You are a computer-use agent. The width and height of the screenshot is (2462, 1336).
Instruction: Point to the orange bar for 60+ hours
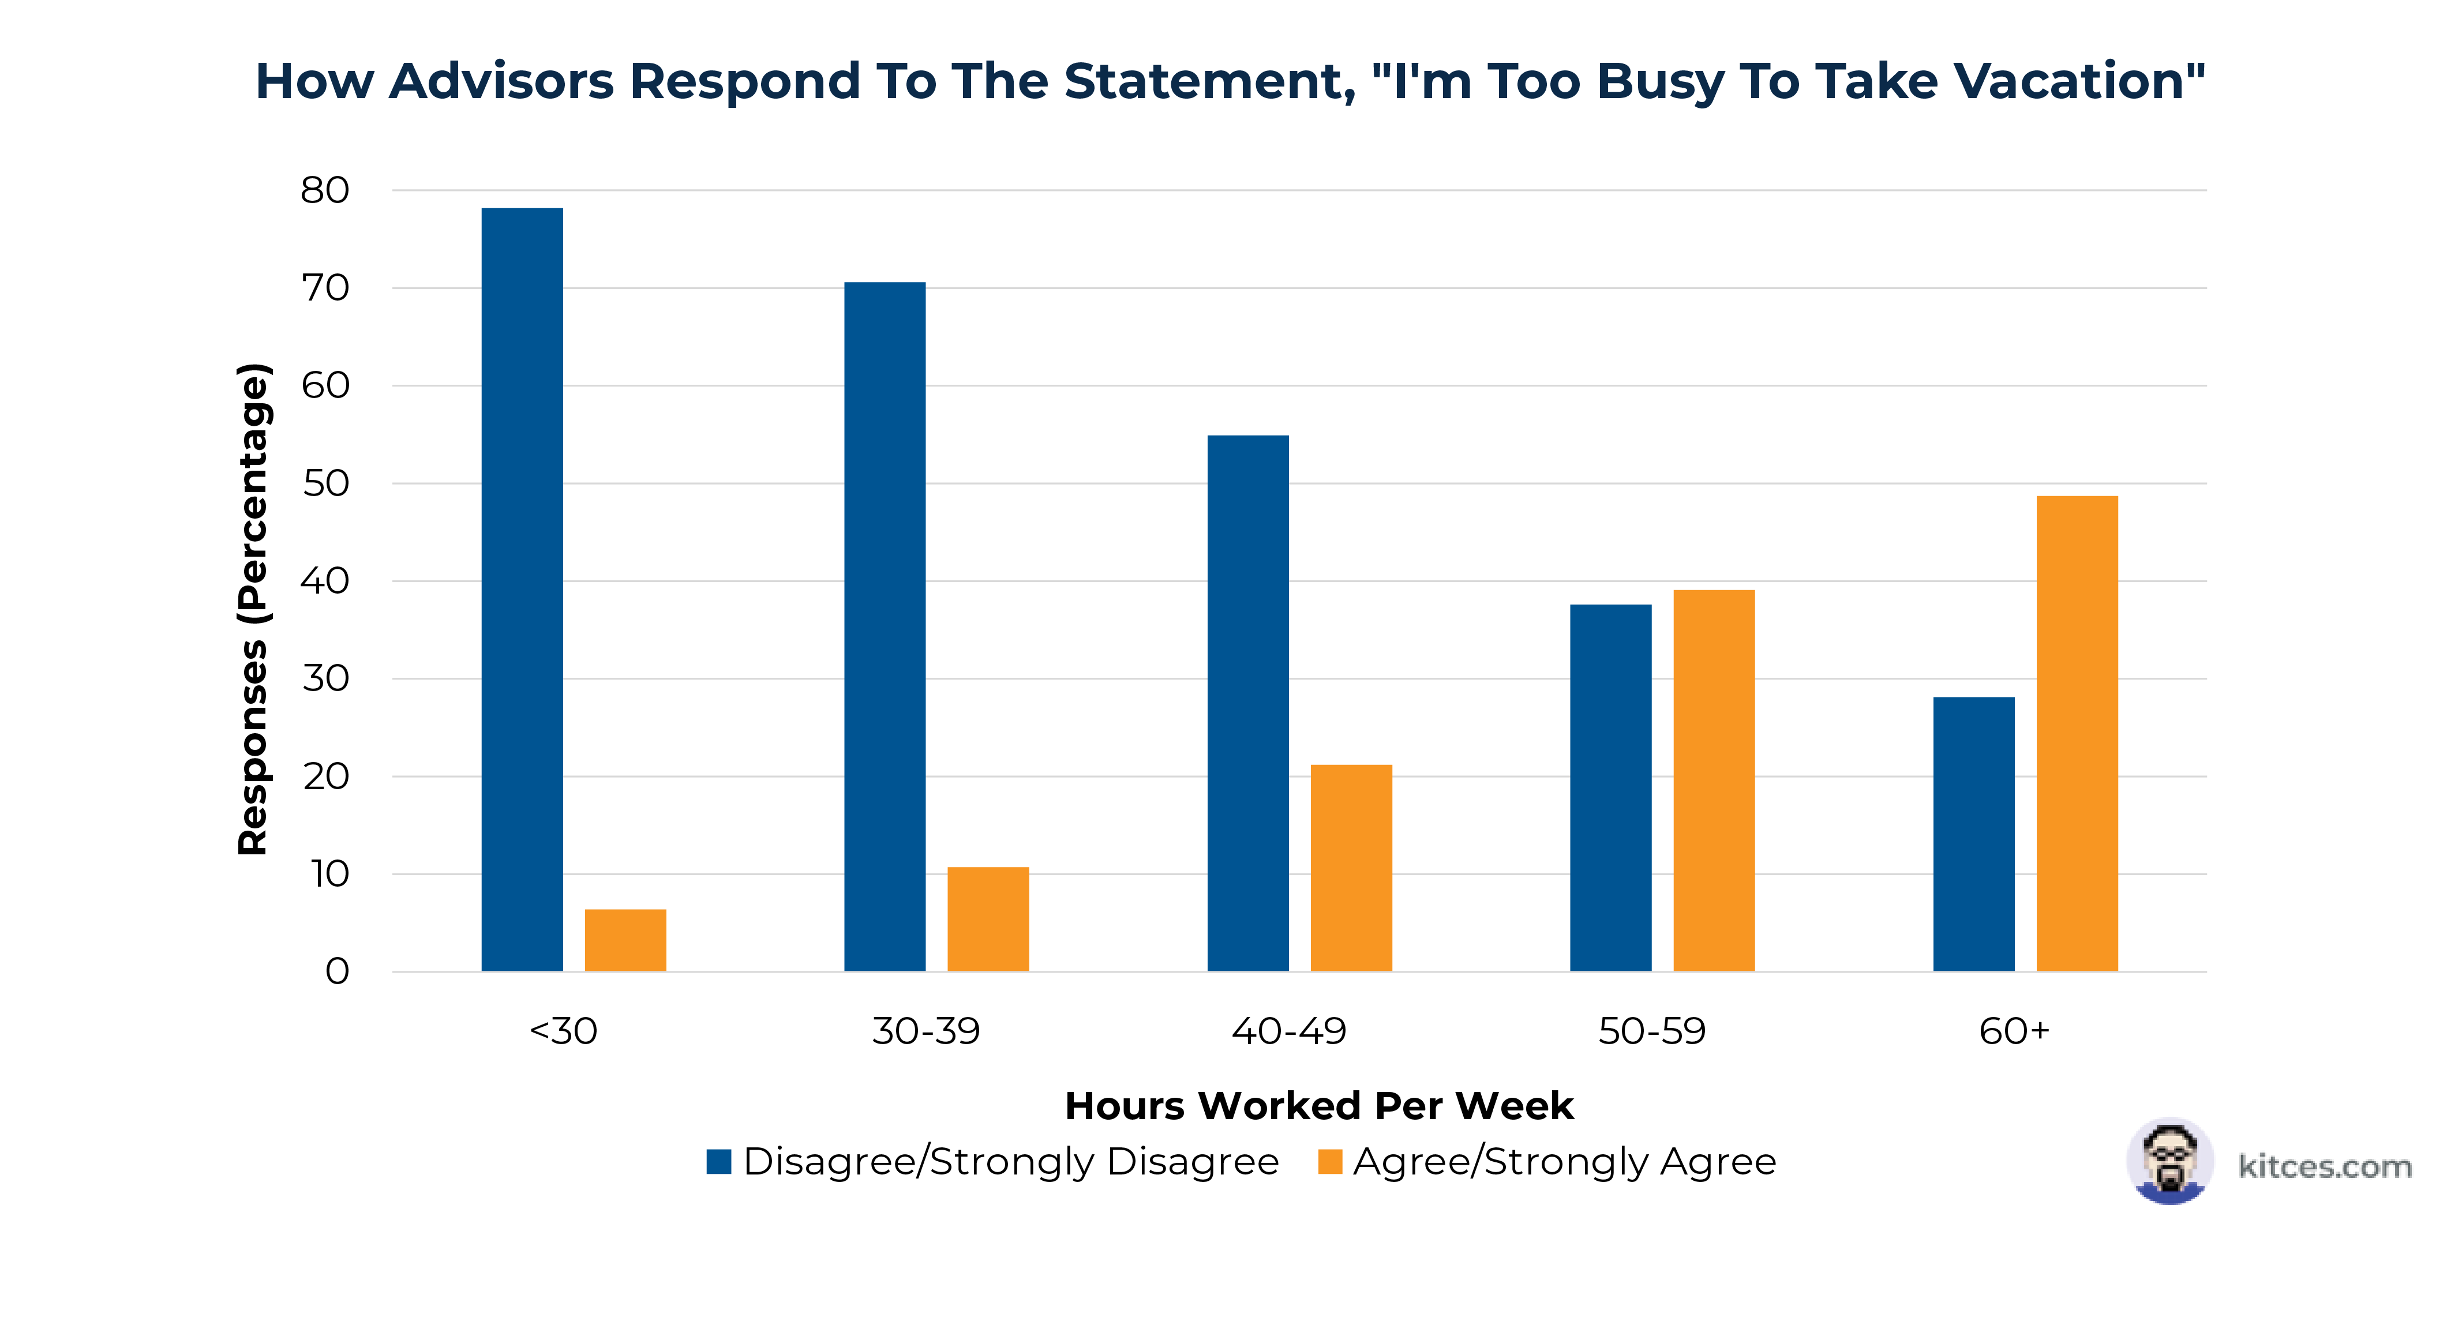(x=2077, y=733)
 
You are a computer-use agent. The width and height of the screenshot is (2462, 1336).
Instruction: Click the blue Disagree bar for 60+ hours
(x=1974, y=834)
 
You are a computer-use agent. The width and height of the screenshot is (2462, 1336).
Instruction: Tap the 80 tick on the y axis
(x=325, y=190)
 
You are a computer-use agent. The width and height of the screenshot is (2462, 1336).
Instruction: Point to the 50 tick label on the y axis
(x=325, y=483)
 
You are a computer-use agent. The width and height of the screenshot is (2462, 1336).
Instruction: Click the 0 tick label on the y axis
(x=336, y=972)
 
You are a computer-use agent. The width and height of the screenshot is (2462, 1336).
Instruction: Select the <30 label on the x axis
(x=563, y=1031)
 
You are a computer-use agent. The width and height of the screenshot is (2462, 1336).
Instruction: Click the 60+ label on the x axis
(x=2014, y=1031)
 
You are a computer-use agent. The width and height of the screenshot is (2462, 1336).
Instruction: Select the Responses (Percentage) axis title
(x=253, y=609)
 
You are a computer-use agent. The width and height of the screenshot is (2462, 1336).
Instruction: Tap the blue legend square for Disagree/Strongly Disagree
(x=719, y=1161)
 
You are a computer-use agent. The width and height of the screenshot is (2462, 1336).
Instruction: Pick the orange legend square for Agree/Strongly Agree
(x=1329, y=1161)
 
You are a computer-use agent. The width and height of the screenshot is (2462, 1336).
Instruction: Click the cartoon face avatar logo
(x=2169, y=1161)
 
